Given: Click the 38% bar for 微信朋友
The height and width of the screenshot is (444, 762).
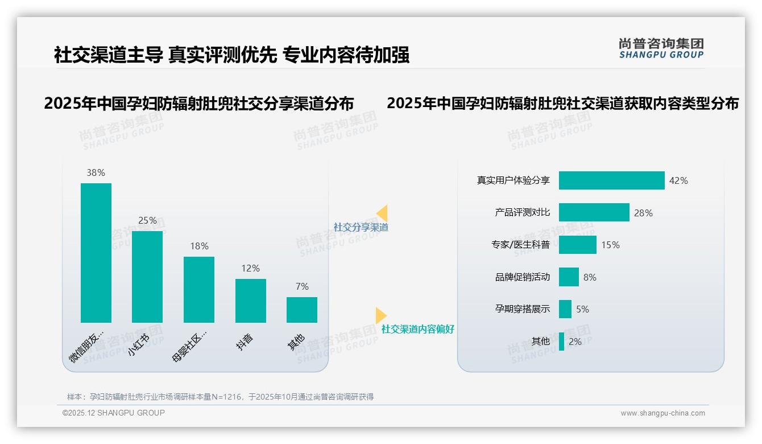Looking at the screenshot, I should click(x=96, y=253).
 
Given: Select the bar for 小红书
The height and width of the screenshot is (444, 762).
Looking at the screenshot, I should click(x=147, y=277).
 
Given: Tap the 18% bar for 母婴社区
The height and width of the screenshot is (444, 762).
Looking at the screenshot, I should click(x=199, y=289).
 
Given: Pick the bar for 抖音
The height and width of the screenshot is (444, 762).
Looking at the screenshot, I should click(x=251, y=301).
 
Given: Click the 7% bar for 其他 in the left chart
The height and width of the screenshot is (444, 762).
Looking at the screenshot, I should click(x=302, y=310).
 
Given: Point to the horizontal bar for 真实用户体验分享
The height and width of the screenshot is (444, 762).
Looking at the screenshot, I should click(x=611, y=180).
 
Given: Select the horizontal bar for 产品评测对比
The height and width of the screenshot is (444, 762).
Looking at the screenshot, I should click(x=594, y=212).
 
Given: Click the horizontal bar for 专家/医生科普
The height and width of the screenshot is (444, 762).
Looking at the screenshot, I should click(x=577, y=245).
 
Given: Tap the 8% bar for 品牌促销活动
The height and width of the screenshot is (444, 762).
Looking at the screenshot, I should click(x=569, y=277).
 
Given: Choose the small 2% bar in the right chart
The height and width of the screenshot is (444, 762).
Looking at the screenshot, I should click(x=562, y=342).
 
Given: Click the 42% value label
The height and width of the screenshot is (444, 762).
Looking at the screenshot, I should click(x=678, y=180).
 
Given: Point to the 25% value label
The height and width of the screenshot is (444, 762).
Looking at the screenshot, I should click(x=147, y=220).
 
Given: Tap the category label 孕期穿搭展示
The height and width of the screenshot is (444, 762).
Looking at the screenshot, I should click(x=523, y=309).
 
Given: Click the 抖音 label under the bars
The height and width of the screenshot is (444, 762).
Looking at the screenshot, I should click(x=245, y=342).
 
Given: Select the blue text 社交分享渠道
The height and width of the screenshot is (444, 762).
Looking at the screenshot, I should click(x=361, y=227).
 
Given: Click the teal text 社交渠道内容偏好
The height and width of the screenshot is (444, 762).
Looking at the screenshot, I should click(x=417, y=329).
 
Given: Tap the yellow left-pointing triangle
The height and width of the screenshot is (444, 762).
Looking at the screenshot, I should click(x=382, y=213).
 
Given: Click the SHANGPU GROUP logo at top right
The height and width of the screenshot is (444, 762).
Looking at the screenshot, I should click(x=661, y=48).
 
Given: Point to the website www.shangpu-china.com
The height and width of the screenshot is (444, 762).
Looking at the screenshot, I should click(x=662, y=413).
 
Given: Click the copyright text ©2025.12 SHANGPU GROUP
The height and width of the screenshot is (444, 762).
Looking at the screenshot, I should click(x=114, y=413).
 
